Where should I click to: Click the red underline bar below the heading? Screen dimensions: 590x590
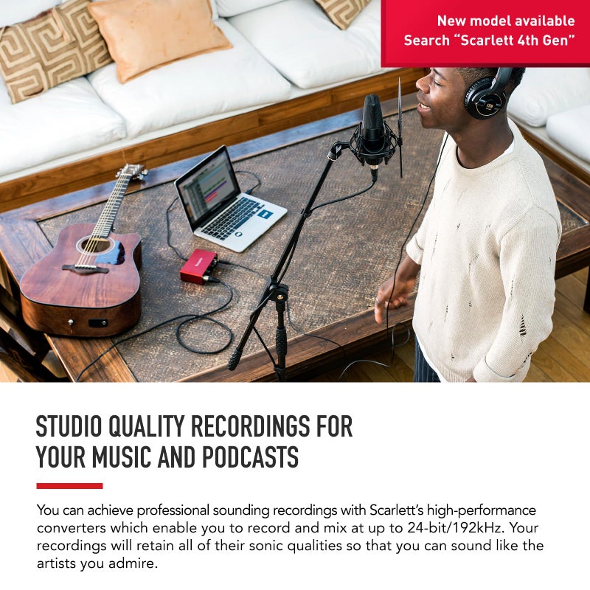[x=69, y=485]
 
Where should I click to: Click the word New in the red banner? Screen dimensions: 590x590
[x=452, y=21]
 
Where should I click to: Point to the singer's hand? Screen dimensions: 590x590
[x=388, y=294]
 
